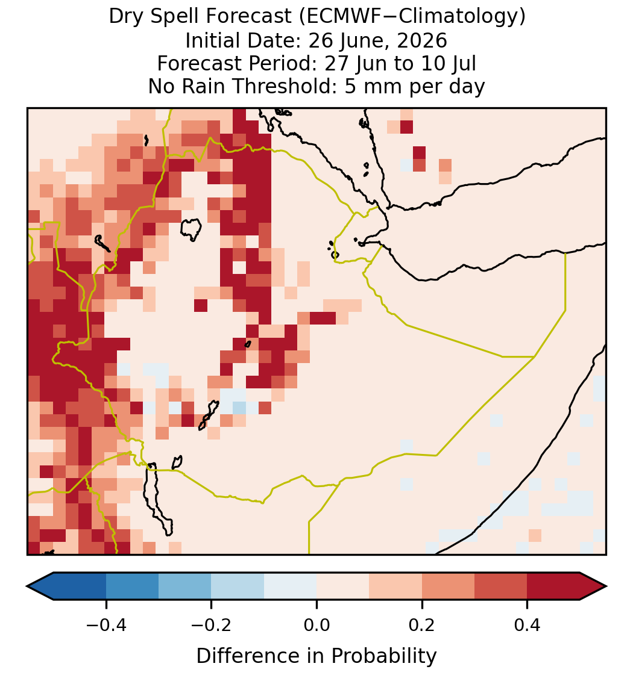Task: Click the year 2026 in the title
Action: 421,40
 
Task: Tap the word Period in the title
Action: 283,63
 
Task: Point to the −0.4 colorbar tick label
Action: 105,624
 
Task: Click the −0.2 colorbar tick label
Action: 211,624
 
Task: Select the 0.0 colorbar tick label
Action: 316,624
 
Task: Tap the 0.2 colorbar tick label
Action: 422,624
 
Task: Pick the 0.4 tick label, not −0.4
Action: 527,624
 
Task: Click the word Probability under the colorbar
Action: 383,656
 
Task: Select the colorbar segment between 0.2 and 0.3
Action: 448,586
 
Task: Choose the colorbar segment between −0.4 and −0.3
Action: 132,586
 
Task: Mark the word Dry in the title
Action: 125,17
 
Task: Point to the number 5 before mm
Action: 350,86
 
